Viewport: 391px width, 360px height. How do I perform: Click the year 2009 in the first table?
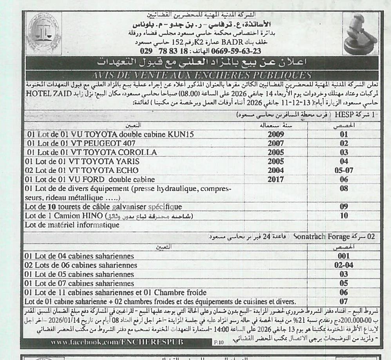275,134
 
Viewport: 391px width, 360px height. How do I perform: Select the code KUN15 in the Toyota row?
181,134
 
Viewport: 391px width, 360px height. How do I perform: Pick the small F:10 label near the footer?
218,342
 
